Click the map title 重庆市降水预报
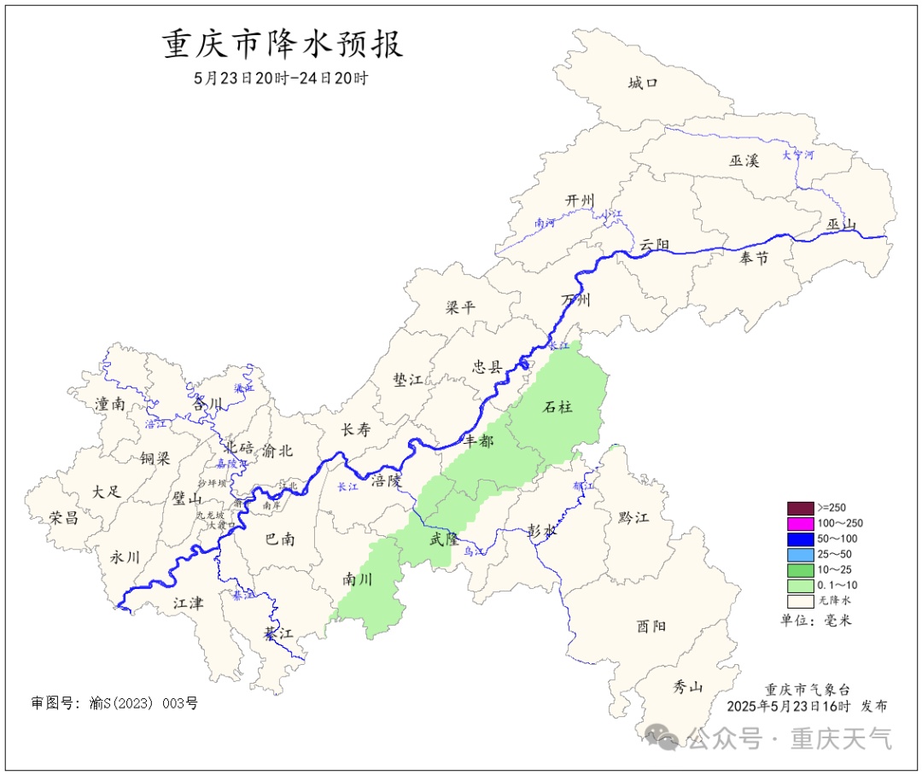pos(283,44)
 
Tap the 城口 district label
pos(643,83)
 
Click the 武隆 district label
pos(444,539)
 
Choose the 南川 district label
pos(358,580)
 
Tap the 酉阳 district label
pos(651,626)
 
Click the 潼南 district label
pos(110,404)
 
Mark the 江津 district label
pos(188,603)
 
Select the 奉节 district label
pos(754,258)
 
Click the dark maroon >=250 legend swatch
pos(800,508)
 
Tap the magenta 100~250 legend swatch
pos(800,523)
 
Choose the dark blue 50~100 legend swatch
pos(800,539)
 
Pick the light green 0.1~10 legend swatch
pos(800,585)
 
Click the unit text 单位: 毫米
pos(816,621)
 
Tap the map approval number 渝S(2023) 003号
pos(114,703)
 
